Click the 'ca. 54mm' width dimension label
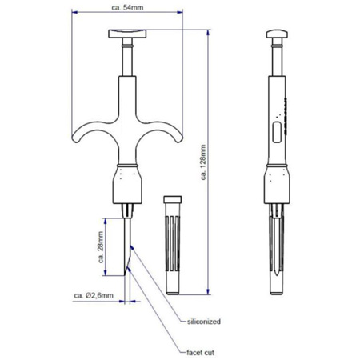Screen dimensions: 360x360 click(127, 7)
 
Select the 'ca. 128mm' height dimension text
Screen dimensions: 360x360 click(203, 162)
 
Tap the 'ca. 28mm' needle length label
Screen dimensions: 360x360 click(101, 247)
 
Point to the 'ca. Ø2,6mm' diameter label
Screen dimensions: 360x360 click(94, 295)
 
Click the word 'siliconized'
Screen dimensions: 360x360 click(204, 322)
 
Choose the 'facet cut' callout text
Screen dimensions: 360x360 click(200, 353)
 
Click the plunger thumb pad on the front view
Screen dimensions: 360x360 click(127, 34)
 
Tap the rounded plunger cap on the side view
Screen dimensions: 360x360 click(277, 34)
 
